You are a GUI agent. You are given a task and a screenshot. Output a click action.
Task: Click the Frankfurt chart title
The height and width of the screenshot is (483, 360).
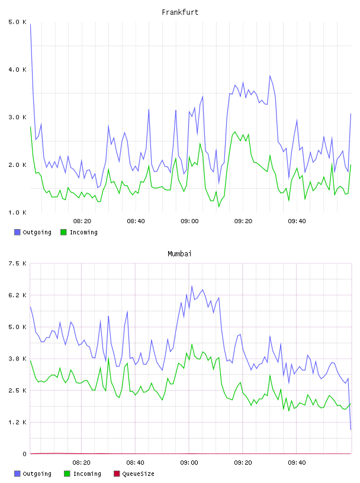coord(180,12)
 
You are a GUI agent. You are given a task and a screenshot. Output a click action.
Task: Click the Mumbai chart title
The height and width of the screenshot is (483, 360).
coord(179,254)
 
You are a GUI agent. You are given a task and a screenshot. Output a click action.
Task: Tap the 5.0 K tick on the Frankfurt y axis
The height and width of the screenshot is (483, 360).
coord(17,22)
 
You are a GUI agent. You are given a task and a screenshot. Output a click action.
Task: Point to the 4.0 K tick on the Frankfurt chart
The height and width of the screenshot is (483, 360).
coord(17,70)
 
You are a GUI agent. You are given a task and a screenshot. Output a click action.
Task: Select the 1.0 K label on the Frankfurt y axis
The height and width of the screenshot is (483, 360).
coord(17,212)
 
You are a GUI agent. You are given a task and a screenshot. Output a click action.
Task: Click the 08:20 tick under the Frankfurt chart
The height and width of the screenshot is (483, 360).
coord(82,221)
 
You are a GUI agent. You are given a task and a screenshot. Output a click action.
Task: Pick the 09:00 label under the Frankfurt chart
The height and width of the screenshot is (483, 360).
coord(189,221)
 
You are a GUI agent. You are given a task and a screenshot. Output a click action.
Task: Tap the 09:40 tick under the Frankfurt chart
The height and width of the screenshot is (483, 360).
coord(297,221)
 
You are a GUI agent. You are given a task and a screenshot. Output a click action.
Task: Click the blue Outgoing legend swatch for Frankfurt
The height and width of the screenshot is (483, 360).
coord(17,232)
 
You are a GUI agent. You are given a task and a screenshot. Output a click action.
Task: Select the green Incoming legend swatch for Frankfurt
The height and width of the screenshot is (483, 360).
coord(63,232)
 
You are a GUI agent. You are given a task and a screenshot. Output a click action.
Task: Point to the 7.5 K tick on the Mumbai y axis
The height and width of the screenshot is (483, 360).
coord(17,263)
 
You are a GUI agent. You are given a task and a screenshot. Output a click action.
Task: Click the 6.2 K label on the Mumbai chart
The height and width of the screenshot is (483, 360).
coord(17,295)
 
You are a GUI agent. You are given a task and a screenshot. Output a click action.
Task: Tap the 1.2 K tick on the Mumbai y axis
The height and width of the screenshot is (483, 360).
coord(17,422)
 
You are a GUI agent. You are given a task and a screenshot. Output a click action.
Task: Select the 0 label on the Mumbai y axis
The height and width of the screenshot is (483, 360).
coord(25,454)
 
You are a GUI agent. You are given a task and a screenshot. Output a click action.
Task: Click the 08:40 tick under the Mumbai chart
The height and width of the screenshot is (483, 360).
coord(136,463)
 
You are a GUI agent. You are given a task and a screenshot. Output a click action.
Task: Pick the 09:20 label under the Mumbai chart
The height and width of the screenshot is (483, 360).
coord(243,463)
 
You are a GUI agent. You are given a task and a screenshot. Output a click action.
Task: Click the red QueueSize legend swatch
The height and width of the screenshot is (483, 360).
coord(117,474)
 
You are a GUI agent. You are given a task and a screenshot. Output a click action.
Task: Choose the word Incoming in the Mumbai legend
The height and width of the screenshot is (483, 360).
coord(87,474)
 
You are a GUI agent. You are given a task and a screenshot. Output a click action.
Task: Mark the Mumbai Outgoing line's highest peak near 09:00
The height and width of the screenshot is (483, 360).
coord(192,286)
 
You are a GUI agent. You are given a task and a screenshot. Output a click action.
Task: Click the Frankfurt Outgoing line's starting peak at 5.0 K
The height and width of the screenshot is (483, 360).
coord(31,24)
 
